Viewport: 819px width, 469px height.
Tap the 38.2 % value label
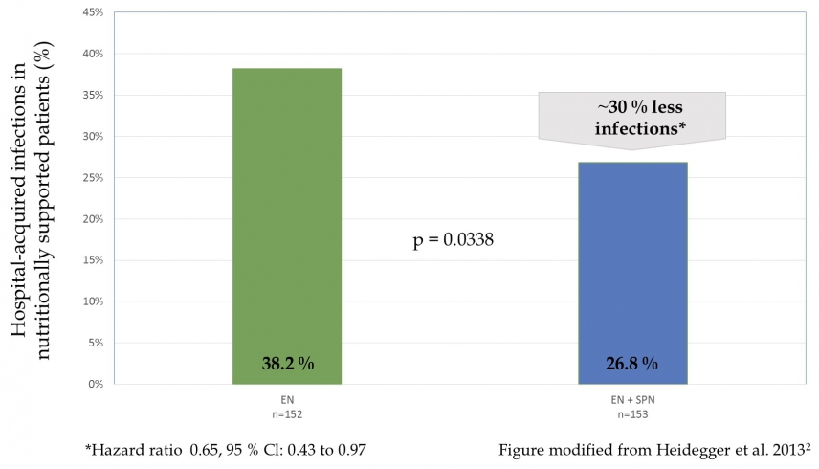click(x=287, y=364)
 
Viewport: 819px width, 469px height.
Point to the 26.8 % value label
click(x=632, y=364)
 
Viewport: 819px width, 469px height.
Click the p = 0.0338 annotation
click(x=453, y=240)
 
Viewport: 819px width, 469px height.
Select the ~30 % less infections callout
click(x=631, y=116)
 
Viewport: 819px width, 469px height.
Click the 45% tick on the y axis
click(x=94, y=13)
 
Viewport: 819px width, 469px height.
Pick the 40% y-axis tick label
click(x=94, y=55)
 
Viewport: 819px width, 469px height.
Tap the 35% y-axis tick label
click(x=94, y=96)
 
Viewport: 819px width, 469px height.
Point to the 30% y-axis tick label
click(x=94, y=137)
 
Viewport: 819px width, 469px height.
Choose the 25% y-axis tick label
click(x=94, y=178)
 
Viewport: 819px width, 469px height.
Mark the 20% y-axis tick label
click(x=94, y=219)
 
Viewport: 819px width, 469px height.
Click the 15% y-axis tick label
click(x=94, y=260)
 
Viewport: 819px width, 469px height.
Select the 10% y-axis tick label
click(x=94, y=301)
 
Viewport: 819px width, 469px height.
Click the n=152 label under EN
click(x=287, y=414)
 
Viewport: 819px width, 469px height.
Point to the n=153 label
click(x=632, y=414)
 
